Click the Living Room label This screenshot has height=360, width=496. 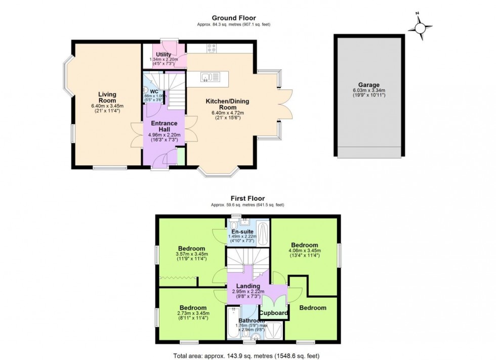tap(107, 97)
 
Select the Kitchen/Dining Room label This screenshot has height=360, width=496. tap(227, 104)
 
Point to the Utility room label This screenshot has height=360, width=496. tap(163, 55)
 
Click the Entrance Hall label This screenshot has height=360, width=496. tap(164, 126)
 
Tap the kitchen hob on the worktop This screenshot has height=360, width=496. tap(212, 49)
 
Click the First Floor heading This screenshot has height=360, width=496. tap(247, 198)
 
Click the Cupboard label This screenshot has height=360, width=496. tap(274, 313)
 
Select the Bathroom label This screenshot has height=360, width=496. tap(251, 321)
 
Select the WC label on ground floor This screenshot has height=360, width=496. tap(154, 92)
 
